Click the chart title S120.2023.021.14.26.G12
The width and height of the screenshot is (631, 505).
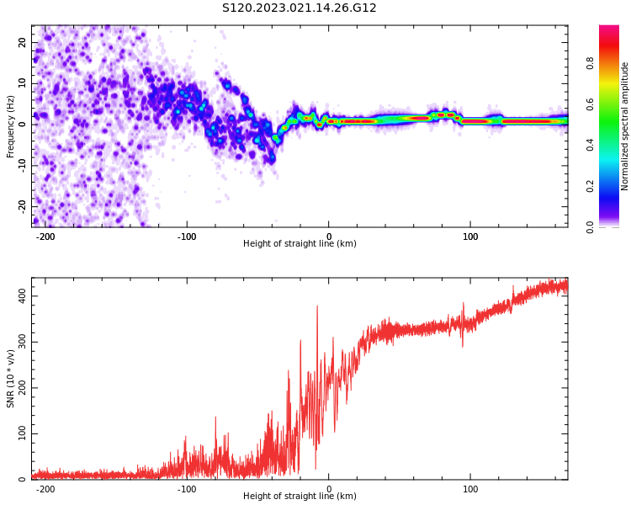300,8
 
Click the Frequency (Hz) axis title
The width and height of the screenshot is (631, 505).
11,126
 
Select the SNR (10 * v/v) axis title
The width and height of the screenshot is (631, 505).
11,378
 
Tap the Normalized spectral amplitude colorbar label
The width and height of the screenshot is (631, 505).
625,126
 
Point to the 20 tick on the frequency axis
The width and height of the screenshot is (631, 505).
23,42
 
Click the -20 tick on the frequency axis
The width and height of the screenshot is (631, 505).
21,205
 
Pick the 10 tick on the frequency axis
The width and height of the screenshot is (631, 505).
23,83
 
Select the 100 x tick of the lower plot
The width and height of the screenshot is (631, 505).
470,489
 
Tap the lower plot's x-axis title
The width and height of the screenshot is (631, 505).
300,497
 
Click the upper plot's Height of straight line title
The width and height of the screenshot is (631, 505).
300,244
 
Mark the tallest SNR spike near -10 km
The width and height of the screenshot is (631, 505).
317,307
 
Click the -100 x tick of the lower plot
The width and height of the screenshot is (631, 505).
187,489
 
